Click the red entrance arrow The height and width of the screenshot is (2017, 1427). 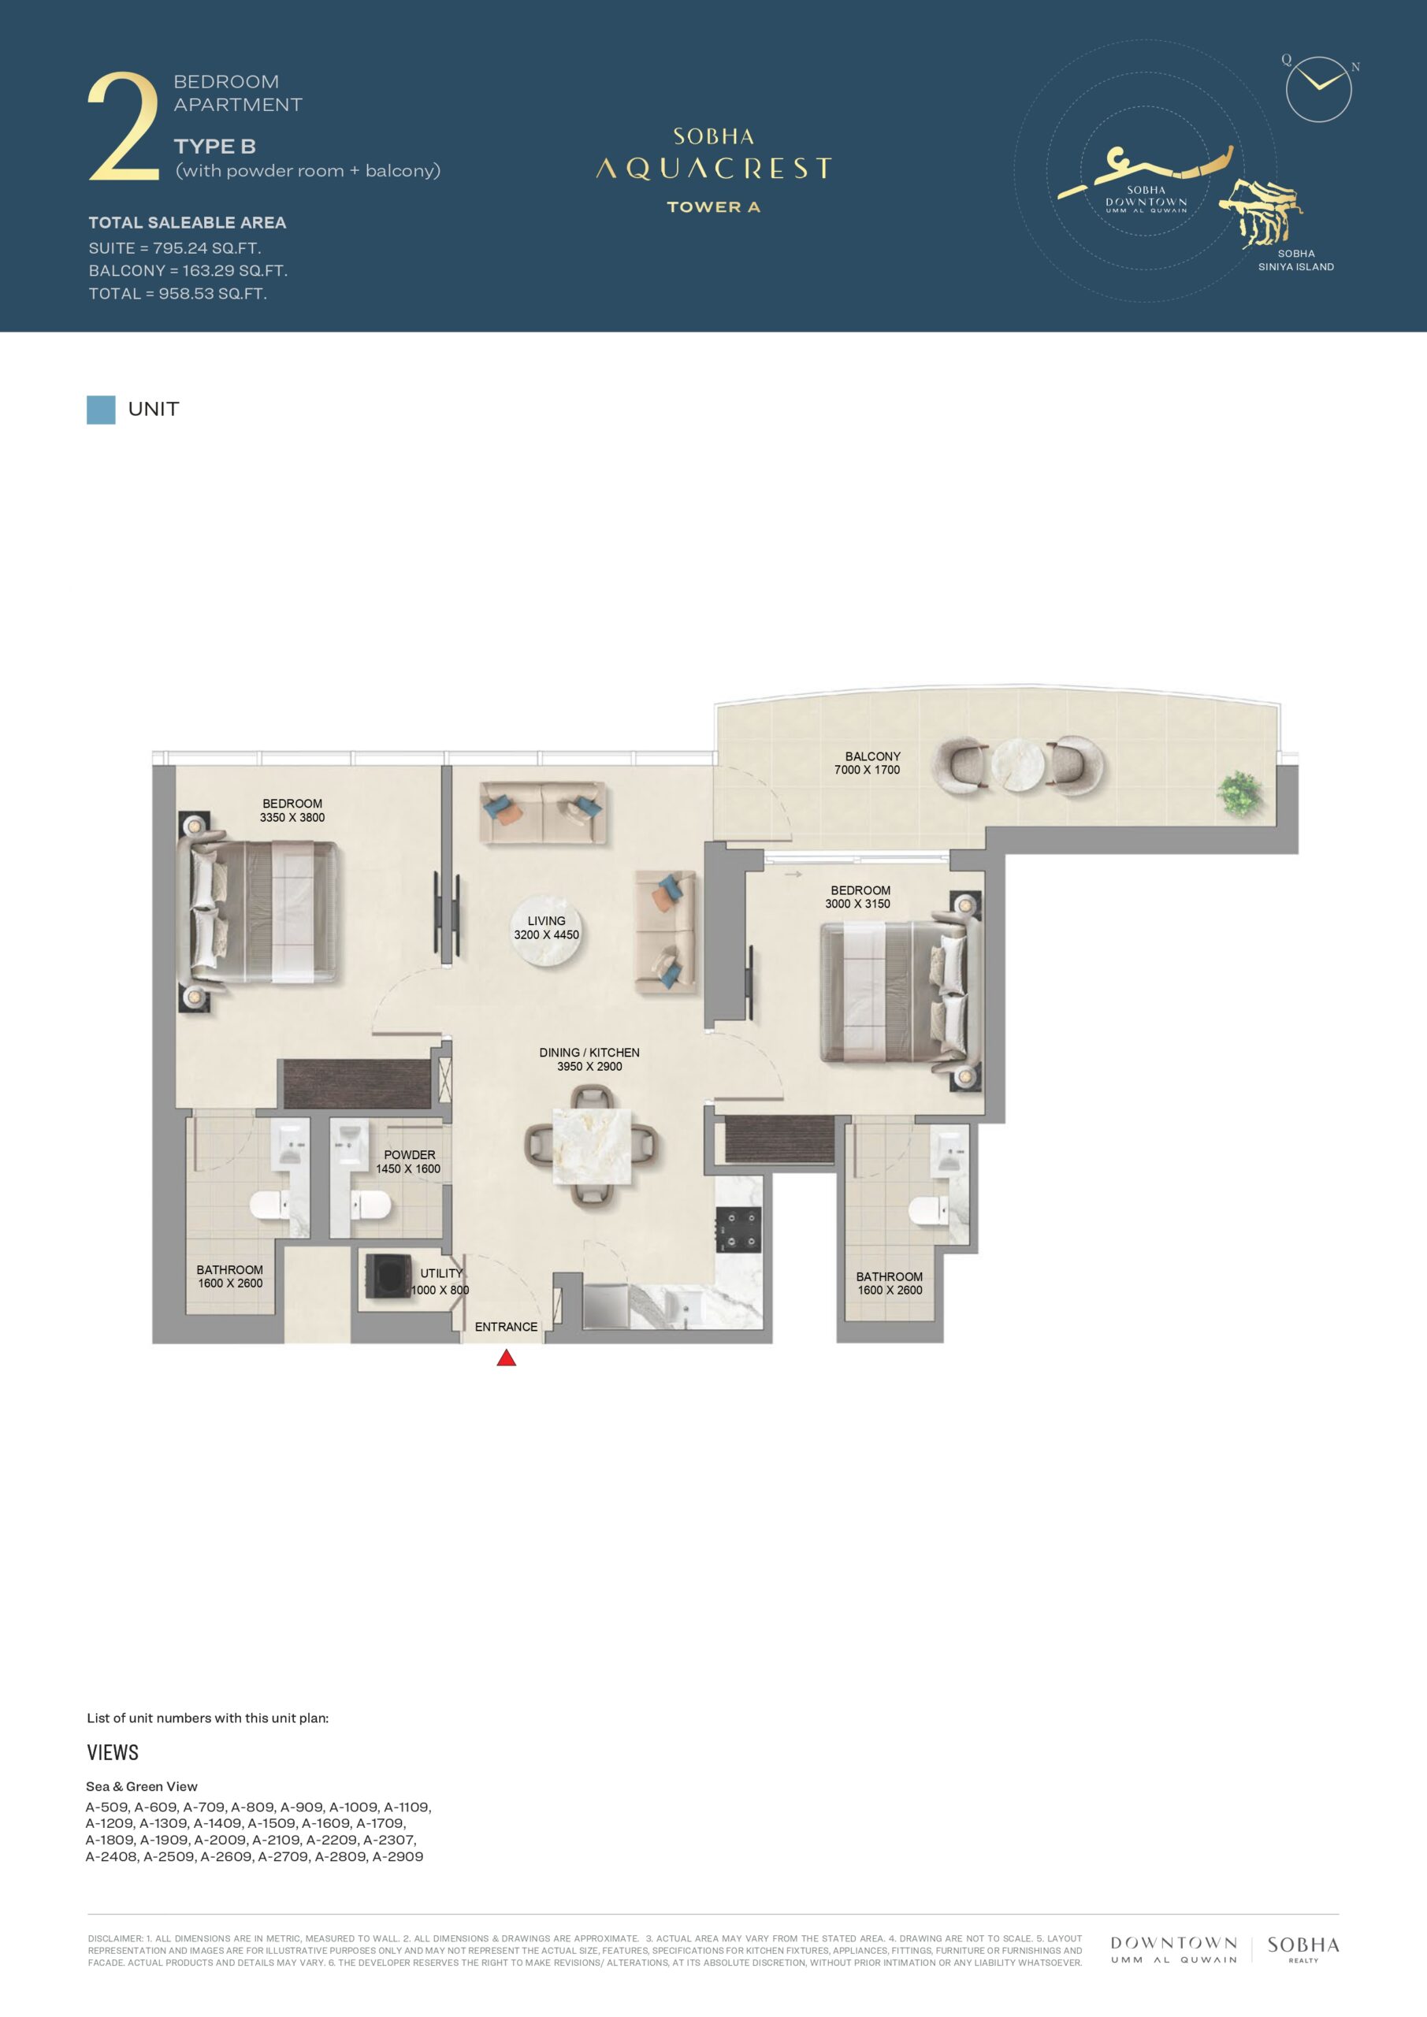coord(506,1358)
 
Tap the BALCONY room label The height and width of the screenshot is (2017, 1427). coord(872,756)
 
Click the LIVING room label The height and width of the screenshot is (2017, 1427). coord(547,921)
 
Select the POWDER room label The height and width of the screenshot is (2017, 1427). coord(410,1154)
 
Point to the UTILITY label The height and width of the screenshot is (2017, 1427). coord(441,1273)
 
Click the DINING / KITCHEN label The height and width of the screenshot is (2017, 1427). coord(589,1053)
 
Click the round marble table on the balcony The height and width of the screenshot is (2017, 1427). coord(1018,765)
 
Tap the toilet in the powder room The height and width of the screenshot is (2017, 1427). coord(370,1205)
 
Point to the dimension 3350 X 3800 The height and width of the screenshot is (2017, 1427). coord(292,817)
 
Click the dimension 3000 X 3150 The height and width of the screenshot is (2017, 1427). coord(857,903)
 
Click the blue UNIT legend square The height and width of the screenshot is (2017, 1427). coord(101,410)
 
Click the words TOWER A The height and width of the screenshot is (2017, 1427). coord(714,207)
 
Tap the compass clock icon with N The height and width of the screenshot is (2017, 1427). coord(1318,87)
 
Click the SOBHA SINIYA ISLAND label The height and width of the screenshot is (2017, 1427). coord(1296,260)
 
